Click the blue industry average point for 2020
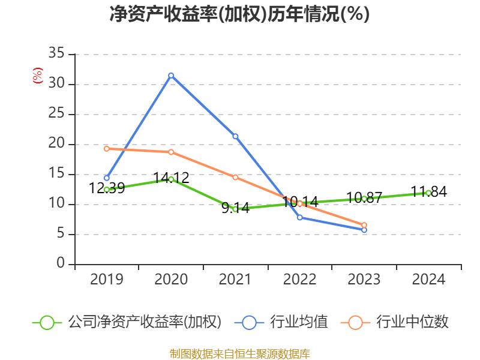tap(171, 76)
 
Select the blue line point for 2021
tap(235, 136)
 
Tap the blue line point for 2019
tap(107, 178)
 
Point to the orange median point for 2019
tap(107, 148)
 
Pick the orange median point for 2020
tap(171, 152)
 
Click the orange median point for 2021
tap(235, 177)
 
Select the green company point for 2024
tap(428, 193)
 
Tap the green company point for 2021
tap(235, 209)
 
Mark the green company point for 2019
tap(107, 190)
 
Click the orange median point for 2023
tap(364, 225)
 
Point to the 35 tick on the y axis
tap(57, 54)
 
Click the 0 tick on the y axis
tap(61, 264)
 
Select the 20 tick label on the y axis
tap(57, 144)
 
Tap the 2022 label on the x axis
tap(299, 280)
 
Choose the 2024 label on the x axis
tap(428, 280)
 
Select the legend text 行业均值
tap(299, 322)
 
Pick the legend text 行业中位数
tap(413, 322)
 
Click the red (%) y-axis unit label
tap(38, 76)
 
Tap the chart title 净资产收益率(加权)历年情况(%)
tap(239, 14)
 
